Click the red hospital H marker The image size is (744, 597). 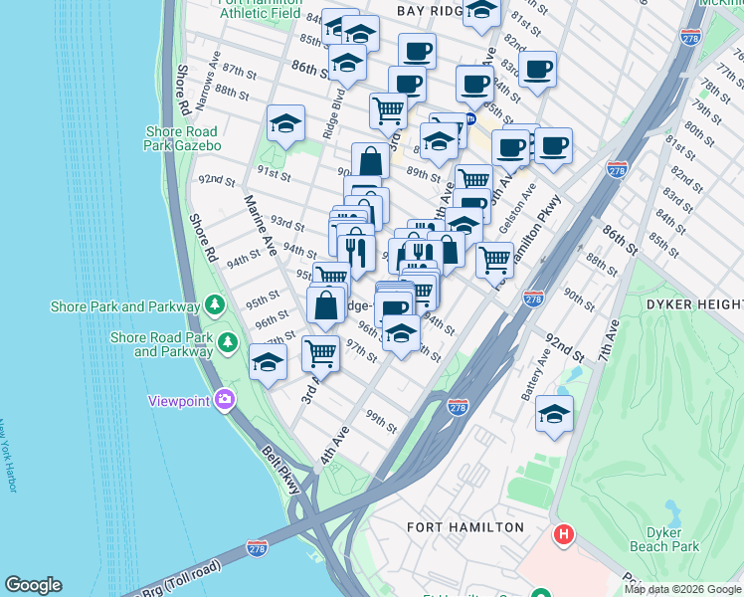564,534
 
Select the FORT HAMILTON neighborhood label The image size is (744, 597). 465,526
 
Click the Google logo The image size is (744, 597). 33,586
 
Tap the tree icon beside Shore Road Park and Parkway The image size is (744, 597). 229,343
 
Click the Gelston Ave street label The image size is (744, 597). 518,206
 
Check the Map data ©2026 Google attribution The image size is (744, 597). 682,589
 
